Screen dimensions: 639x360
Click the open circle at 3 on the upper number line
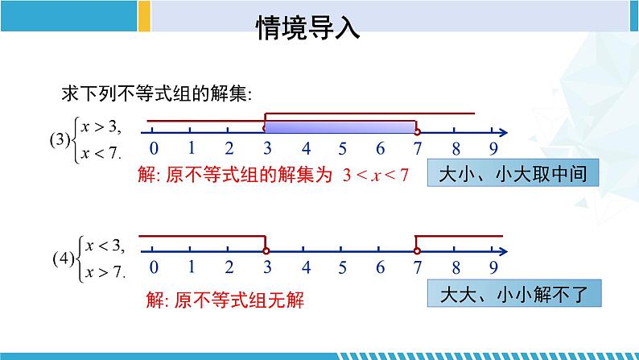click(x=265, y=130)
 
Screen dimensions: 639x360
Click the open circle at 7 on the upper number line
click(x=417, y=130)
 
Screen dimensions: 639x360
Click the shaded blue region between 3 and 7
click(x=340, y=125)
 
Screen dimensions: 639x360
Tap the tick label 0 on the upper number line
click(x=153, y=148)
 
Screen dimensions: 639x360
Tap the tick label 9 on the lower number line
click(x=493, y=268)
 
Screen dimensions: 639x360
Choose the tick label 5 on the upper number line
click(x=342, y=148)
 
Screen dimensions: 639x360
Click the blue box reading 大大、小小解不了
click(x=514, y=295)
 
